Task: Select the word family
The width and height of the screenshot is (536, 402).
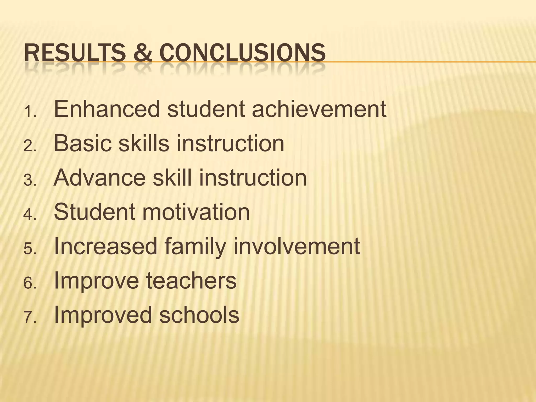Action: (x=195, y=247)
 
